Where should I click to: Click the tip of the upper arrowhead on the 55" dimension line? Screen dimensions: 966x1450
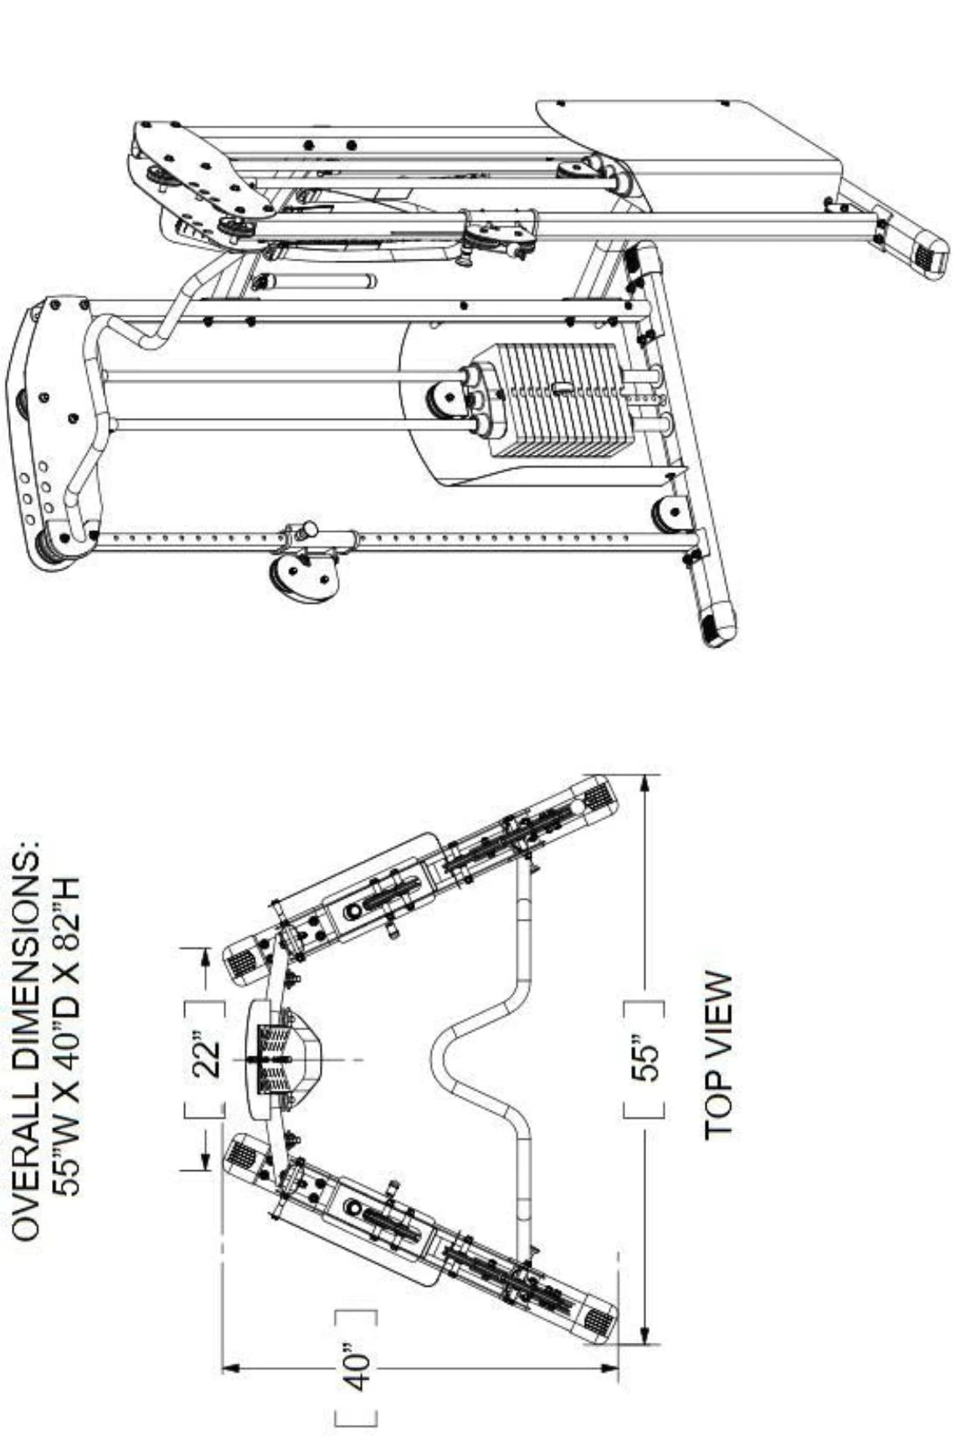tap(645, 776)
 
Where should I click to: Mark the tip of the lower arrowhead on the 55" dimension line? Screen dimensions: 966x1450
tap(645, 1344)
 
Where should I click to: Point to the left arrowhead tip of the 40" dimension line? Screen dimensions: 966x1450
tap(223, 1368)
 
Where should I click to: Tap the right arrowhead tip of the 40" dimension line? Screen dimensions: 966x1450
tap(619, 1368)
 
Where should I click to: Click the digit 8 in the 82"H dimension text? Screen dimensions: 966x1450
tap(65, 921)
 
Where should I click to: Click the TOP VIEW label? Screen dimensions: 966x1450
tap(719, 1055)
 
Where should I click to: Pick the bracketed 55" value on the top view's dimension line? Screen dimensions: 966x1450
tap(646, 1060)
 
